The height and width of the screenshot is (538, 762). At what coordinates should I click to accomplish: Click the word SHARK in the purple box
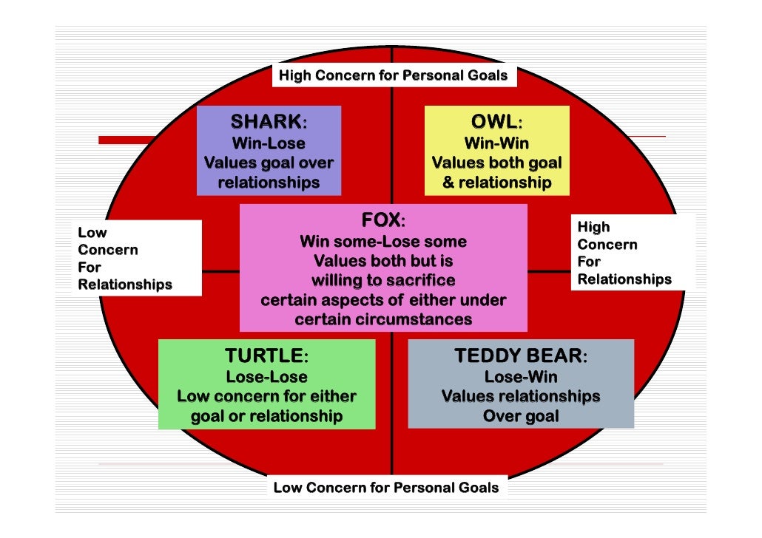click(x=266, y=121)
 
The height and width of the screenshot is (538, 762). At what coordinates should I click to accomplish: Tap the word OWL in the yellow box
click(x=493, y=121)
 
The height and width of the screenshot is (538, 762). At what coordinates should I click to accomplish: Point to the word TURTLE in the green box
click(x=263, y=356)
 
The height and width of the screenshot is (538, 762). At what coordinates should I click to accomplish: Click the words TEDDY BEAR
click(x=519, y=356)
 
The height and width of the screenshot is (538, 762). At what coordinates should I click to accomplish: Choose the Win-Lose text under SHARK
click(x=269, y=143)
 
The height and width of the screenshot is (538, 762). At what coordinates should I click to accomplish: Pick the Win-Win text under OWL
click(x=496, y=143)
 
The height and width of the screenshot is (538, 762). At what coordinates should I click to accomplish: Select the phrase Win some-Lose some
click(x=383, y=242)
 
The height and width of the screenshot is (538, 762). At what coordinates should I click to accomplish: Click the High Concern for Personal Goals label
click(x=393, y=75)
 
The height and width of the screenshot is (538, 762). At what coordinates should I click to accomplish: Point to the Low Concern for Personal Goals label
click(x=386, y=488)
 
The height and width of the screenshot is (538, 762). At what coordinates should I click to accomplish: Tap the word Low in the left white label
click(x=92, y=233)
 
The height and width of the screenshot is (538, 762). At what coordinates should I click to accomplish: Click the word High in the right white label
click(x=593, y=227)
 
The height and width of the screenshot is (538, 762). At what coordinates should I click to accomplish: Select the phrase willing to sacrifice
click(x=383, y=281)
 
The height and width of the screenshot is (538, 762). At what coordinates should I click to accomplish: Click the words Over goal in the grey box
click(x=521, y=416)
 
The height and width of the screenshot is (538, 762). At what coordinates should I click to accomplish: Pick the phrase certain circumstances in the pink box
click(x=383, y=320)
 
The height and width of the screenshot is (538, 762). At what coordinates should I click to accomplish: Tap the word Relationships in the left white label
click(x=125, y=285)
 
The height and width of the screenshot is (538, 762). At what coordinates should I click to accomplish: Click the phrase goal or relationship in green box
click(x=266, y=416)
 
